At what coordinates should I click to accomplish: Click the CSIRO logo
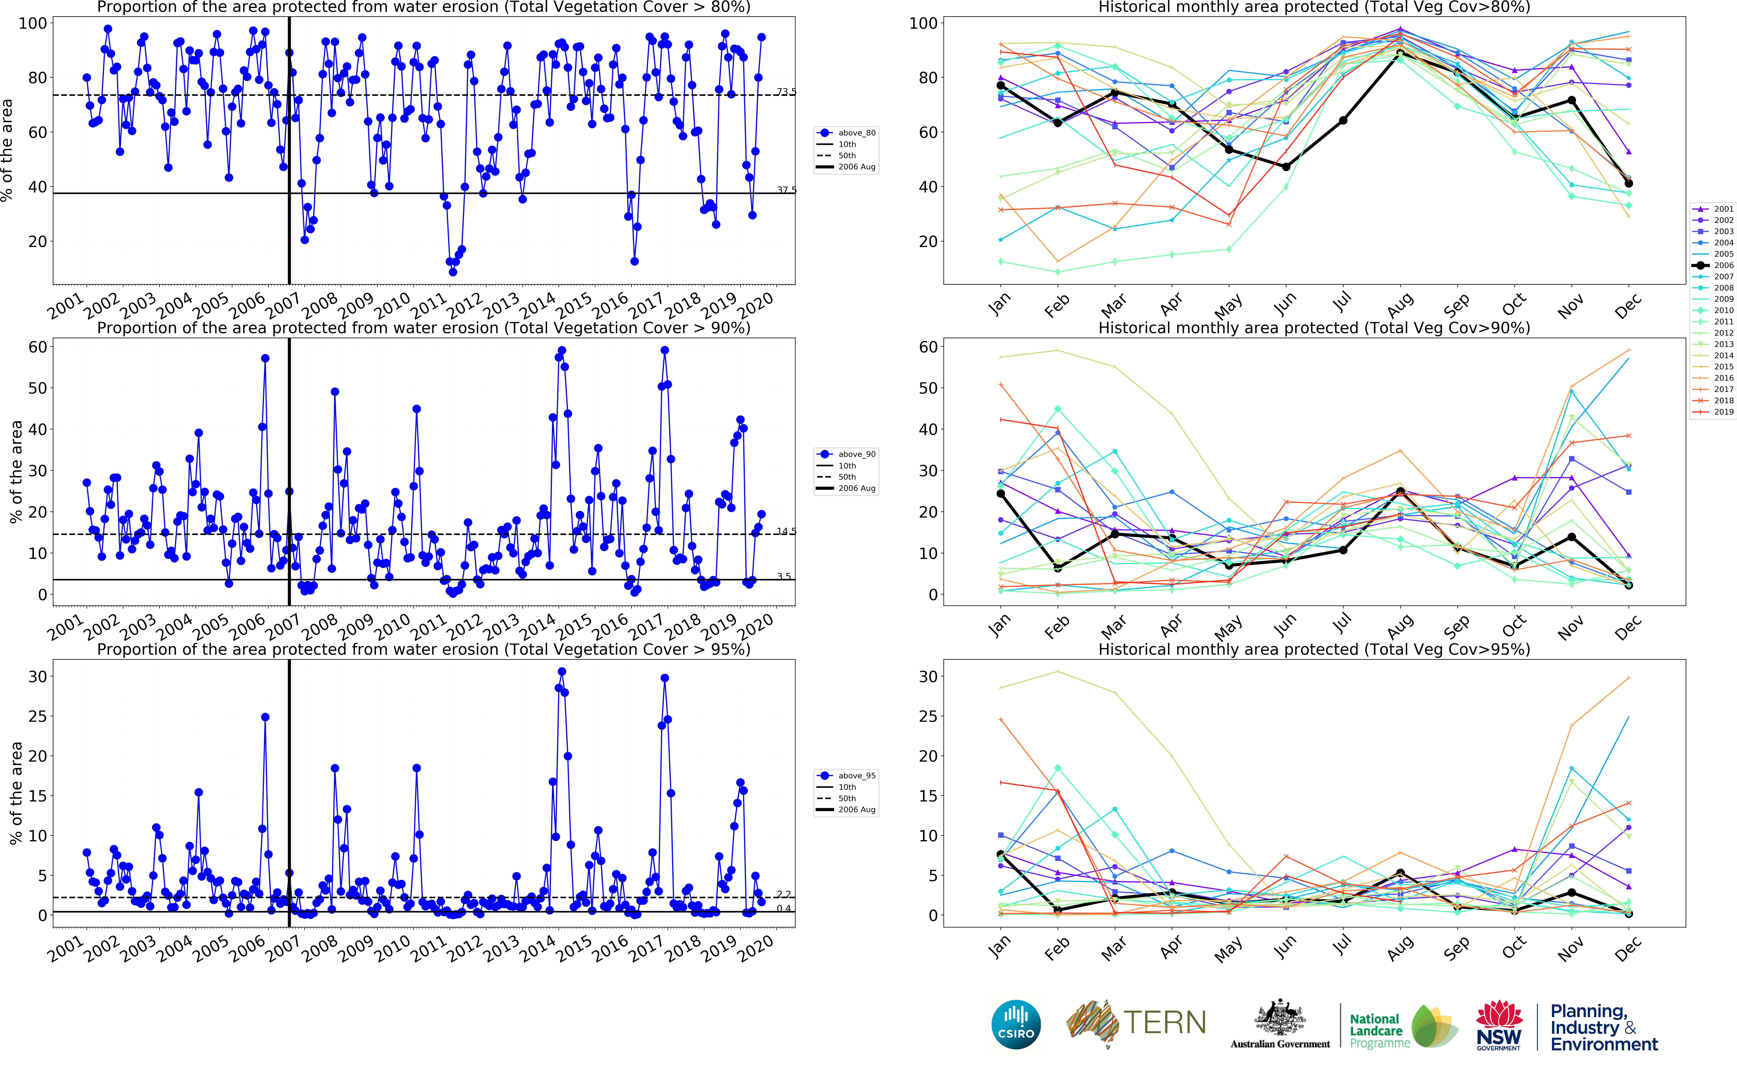tap(1016, 1024)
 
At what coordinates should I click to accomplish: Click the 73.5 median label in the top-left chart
tap(785, 92)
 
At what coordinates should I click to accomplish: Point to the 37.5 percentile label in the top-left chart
tap(785, 190)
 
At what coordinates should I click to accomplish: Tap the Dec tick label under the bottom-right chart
tap(1627, 948)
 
